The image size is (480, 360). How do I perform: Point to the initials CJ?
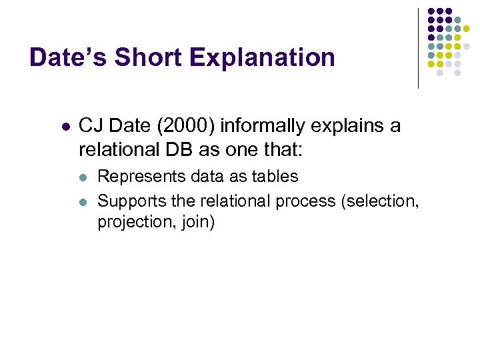(90, 126)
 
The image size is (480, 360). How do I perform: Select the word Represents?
(133, 177)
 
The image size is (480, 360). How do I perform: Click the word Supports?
(127, 200)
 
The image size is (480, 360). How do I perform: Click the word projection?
(130, 222)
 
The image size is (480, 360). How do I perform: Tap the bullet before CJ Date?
(65, 126)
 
